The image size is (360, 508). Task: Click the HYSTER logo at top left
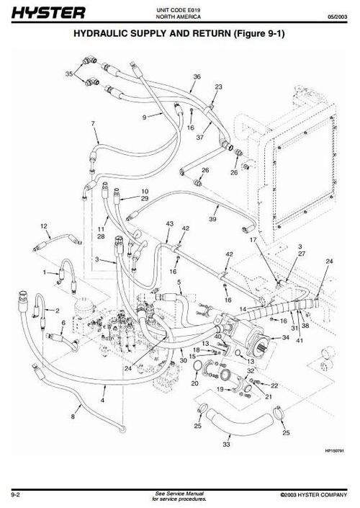pyautogui.click(x=48, y=13)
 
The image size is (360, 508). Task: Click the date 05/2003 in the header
pyautogui.click(x=337, y=17)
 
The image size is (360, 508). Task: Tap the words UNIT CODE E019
pyautogui.click(x=178, y=10)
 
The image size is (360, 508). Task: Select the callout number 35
pyautogui.click(x=69, y=74)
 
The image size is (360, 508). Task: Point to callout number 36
pyautogui.click(x=197, y=77)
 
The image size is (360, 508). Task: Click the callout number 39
pyautogui.click(x=212, y=219)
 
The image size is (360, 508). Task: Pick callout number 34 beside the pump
pyautogui.click(x=286, y=338)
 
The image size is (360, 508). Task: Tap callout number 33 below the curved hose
pyautogui.click(x=226, y=444)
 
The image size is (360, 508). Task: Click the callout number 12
pyautogui.click(x=44, y=226)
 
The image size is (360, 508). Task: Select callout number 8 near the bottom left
pyautogui.click(x=73, y=416)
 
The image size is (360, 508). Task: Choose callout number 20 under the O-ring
pyautogui.click(x=194, y=383)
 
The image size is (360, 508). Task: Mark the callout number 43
pyautogui.click(x=169, y=224)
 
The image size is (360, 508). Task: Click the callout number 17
pyautogui.click(x=253, y=240)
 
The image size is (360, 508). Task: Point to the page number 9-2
pyautogui.click(x=16, y=495)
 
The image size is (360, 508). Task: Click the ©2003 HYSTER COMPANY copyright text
pyautogui.click(x=314, y=495)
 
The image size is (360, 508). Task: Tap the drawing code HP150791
pyautogui.click(x=334, y=450)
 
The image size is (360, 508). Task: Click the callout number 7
pyautogui.click(x=93, y=123)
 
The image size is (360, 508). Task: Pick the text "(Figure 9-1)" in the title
pyautogui.click(x=259, y=33)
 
